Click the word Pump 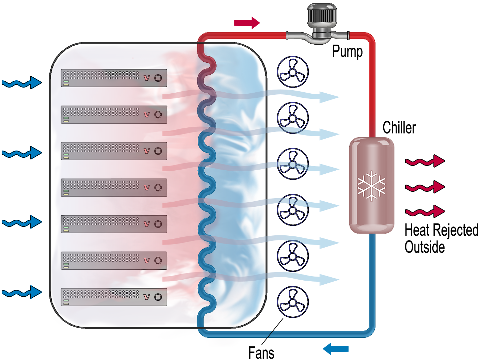tap(347, 52)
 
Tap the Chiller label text tap(399, 128)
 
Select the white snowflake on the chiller tap(371, 186)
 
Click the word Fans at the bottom tap(261, 353)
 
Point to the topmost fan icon tap(292, 72)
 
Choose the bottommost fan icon tap(292, 302)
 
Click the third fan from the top tap(292, 164)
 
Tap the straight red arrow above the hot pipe tap(247, 23)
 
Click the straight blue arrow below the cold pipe tap(336, 349)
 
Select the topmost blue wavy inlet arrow tap(22, 83)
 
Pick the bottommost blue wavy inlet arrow tap(22, 292)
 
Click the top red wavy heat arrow tap(425, 161)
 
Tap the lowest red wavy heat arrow tap(425, 212)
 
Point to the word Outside tap(424, 247)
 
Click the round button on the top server tap(158, 78)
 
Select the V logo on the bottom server tap(147, 297)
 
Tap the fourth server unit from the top tap(114, 188)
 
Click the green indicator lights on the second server tap(66, 120)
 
